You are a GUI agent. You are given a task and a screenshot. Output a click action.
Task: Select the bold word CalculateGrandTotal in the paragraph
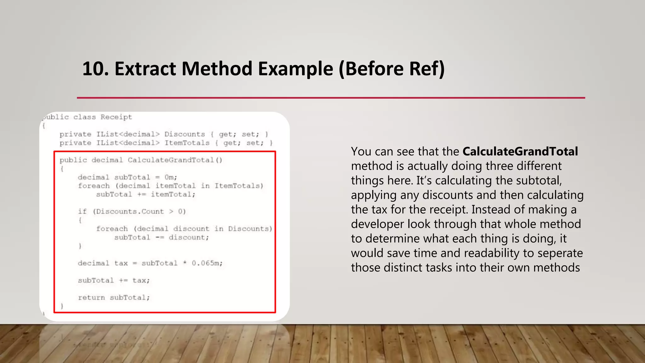click(x=520, y=152)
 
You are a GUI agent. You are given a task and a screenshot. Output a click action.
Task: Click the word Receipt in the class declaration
click(x=116, y=117)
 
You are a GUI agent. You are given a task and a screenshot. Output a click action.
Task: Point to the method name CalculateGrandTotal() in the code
click(x=175, y=160)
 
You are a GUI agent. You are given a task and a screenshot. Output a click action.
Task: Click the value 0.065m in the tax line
click(x=207, y=263)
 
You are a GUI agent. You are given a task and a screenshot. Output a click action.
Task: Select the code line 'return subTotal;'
click(x=114, y=297)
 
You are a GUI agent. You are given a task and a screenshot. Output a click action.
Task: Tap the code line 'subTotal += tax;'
click(x=114, y=280)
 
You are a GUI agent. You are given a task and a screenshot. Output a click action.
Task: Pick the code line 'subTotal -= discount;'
click(x=161, y=237)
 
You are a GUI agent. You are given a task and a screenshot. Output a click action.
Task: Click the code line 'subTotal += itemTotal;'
click(x=146, y=194)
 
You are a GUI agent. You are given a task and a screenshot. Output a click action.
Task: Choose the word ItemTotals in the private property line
click(x=187, y=143)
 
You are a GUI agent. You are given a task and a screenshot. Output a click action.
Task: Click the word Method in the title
click(x=217, y=69)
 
